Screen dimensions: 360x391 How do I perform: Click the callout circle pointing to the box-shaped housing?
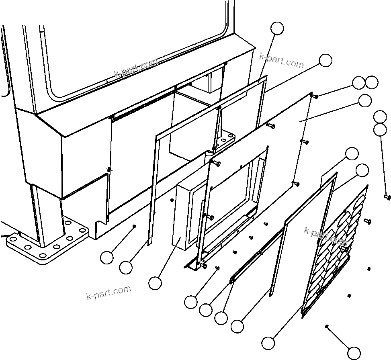pyautogui.click(x=155, y=283)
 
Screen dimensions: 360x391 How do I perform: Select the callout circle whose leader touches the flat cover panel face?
pyautogui.click(x=364, y=101)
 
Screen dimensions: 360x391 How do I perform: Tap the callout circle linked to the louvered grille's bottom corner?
pyautogui.click(x=268, y=343)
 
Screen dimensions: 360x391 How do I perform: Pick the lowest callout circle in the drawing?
pyautogui.click(x=354, y=352)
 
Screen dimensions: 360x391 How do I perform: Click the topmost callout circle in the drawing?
pyautogui.click(x=277, y=28)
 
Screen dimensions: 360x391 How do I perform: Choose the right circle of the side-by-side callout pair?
pyautogui.click(x=372, y=83)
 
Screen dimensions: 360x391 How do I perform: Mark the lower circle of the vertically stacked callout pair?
pyautogui.click(x=380, y=129)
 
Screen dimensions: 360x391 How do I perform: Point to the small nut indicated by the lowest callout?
pyautogui.click(x=328, y=326)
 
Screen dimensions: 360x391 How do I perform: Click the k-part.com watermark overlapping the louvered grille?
pyautogui.click(x=325, y=236)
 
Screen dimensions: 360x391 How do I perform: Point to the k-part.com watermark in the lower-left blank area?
pyautogui.click(x=108, y=292)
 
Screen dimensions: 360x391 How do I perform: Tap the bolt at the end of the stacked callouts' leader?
pyautogui.click(x=387, y=197)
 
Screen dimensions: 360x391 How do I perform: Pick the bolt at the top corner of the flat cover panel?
pyautogui.click(x=315, y=96)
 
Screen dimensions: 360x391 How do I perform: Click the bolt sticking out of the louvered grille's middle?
pyautogui.click(x=344, y=250)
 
